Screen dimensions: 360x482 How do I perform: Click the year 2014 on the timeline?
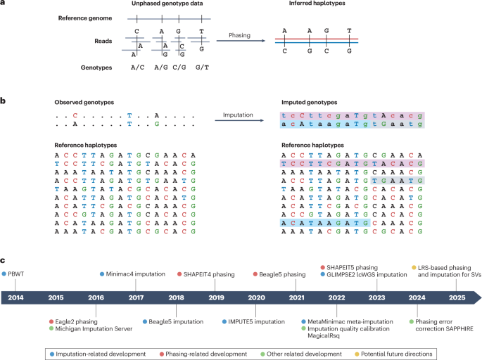pyautogui.click(x=15, y=297)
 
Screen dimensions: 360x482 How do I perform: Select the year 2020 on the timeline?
pyautogui.click(x=256, y=297)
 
